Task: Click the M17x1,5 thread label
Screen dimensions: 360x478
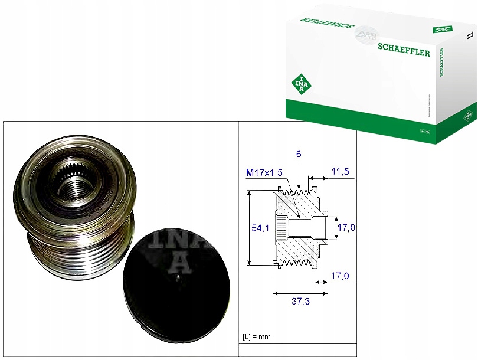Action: pos(264,172)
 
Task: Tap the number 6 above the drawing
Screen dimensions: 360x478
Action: pos(299,154)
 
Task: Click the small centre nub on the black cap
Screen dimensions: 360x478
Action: pos(177,277)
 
